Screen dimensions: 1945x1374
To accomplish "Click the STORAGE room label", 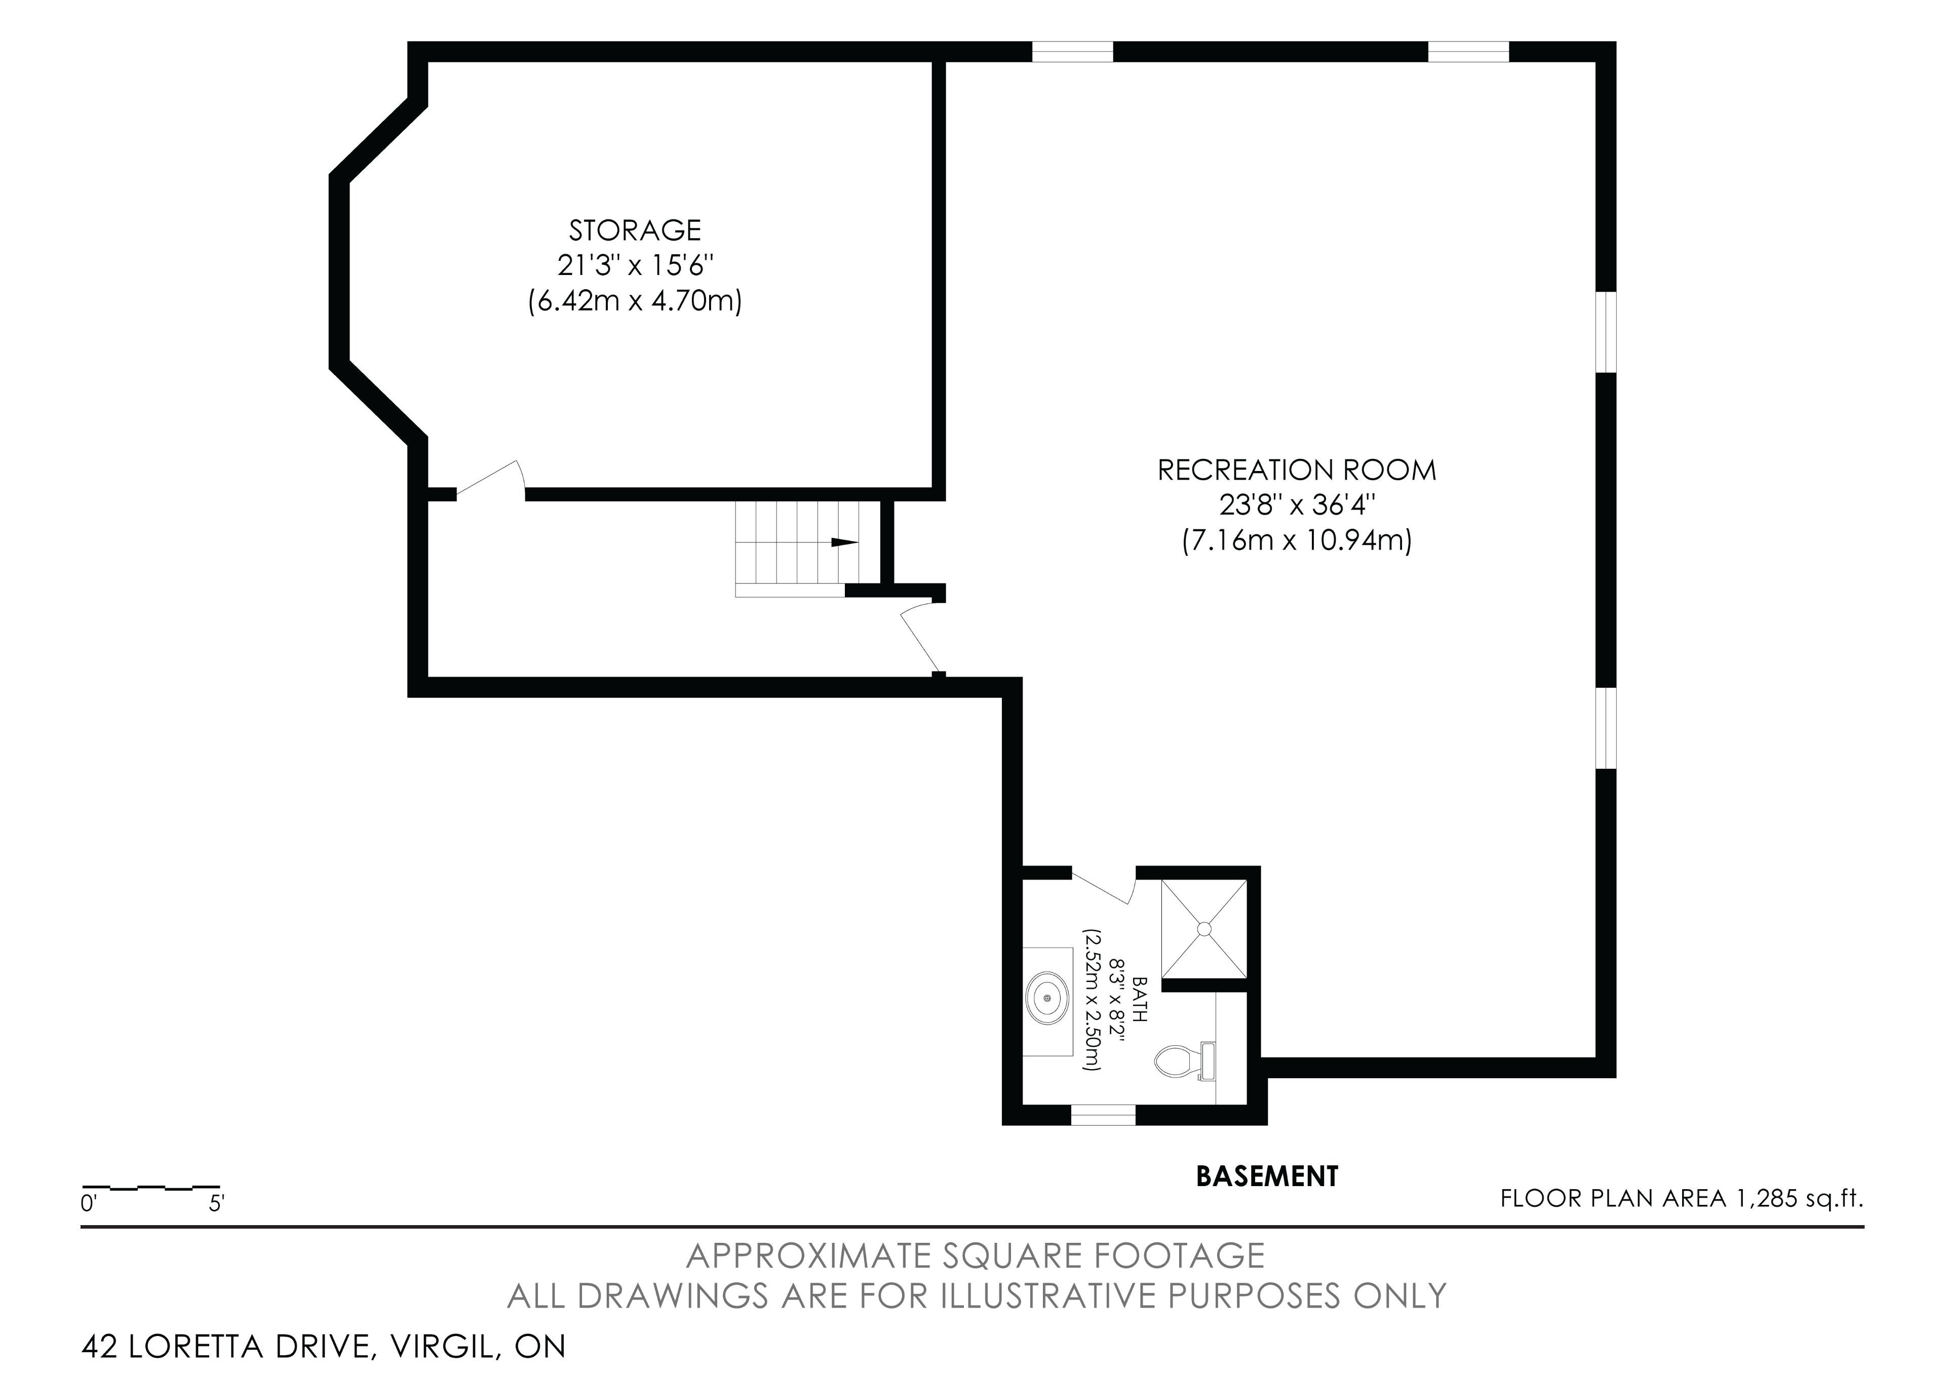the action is click(635, 230).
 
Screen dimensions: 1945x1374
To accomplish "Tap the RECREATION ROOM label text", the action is click(1297, 470).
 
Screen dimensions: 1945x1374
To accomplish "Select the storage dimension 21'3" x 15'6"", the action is click(635, 265).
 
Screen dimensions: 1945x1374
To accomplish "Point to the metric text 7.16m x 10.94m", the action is click(1297, 540).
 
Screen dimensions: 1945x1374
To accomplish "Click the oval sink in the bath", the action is click(1048, 999).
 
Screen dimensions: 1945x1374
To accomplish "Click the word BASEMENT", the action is click(1266, 1176).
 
